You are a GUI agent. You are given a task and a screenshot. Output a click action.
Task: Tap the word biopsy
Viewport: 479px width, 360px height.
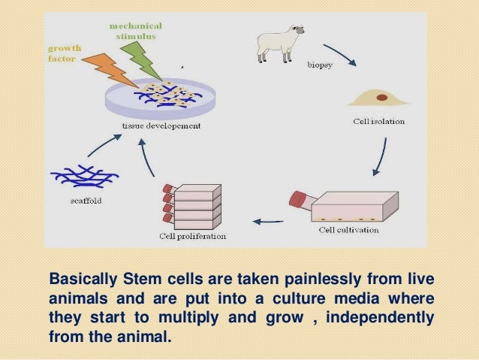pos(320,65)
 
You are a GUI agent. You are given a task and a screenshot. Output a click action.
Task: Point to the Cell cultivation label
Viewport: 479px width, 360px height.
pos(351,229)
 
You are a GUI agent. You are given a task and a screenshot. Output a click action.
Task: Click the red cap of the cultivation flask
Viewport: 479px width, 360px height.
pos(299,199)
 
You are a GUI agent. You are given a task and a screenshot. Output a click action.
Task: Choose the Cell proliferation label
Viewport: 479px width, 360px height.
pos(191,236)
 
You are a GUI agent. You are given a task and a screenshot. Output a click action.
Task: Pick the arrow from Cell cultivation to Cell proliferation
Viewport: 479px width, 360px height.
pos(270,221)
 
